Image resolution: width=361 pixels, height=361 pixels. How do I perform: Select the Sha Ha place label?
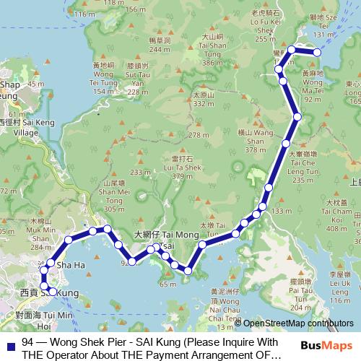pos(71,266)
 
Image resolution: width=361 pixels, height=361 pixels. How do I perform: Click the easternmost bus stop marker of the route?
pos(317,52)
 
